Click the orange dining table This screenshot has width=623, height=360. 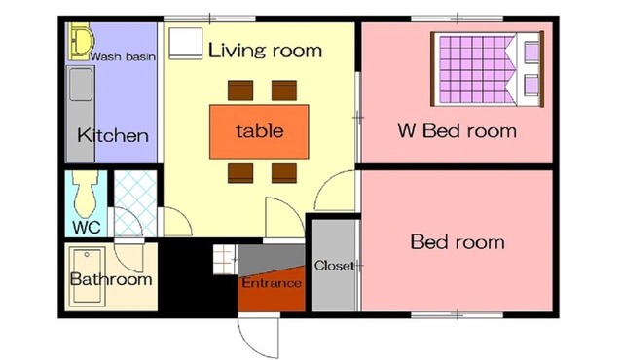click(x=259, y=131)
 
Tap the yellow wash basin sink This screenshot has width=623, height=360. click(x=81, y=41)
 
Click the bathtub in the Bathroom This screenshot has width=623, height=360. click(x=87, y=276)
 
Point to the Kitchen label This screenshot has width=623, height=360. click(x=113, y=135)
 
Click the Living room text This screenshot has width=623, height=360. click(x=265, y=51)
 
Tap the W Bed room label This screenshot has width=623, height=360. click(x=458, y=130)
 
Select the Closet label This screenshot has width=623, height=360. click(x=334, y=266)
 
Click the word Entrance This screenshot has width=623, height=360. click(x=272, y=283)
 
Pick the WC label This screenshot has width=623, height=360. click(x=87, y=228)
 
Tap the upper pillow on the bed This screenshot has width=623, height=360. click(x=531, y=52)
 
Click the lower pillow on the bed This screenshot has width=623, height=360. click(x=531, y=86)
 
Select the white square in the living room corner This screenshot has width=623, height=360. click(x=186, y=43)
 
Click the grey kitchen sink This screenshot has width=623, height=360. click(x=82, y=85)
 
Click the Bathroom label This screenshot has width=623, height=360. click(x=111, y=279)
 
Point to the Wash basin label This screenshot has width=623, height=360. click(x=123, y=56)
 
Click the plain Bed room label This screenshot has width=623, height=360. click(x=458, y=241)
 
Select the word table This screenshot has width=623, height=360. click(x=260, y=130)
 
